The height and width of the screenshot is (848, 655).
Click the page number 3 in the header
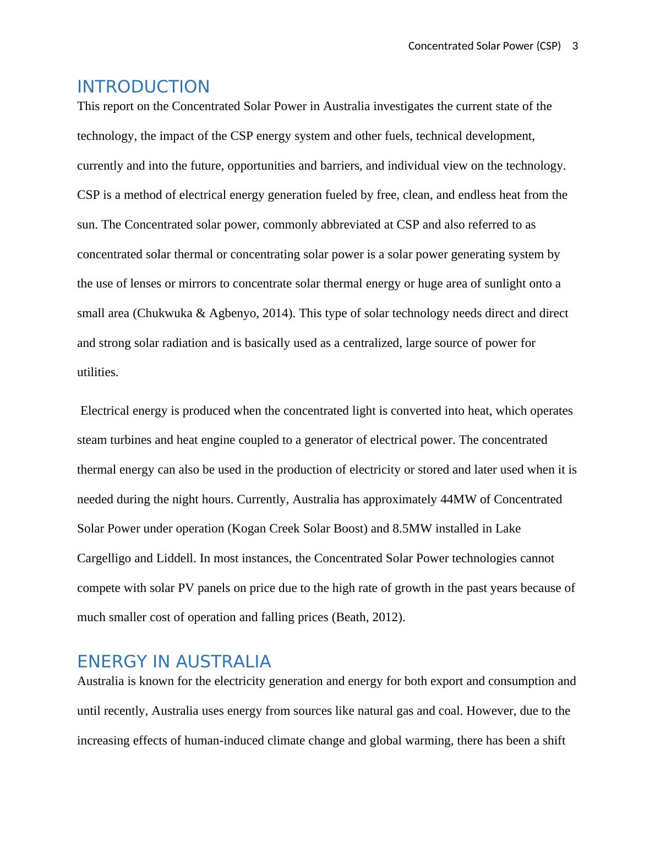pos(575,46)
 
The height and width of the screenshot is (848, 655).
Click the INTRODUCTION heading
pos(143,87)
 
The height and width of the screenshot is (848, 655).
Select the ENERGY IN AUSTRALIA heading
pos(174,661)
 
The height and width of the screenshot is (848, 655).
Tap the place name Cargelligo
pos(104,558)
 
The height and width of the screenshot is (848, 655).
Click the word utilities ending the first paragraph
pos(97,372)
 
